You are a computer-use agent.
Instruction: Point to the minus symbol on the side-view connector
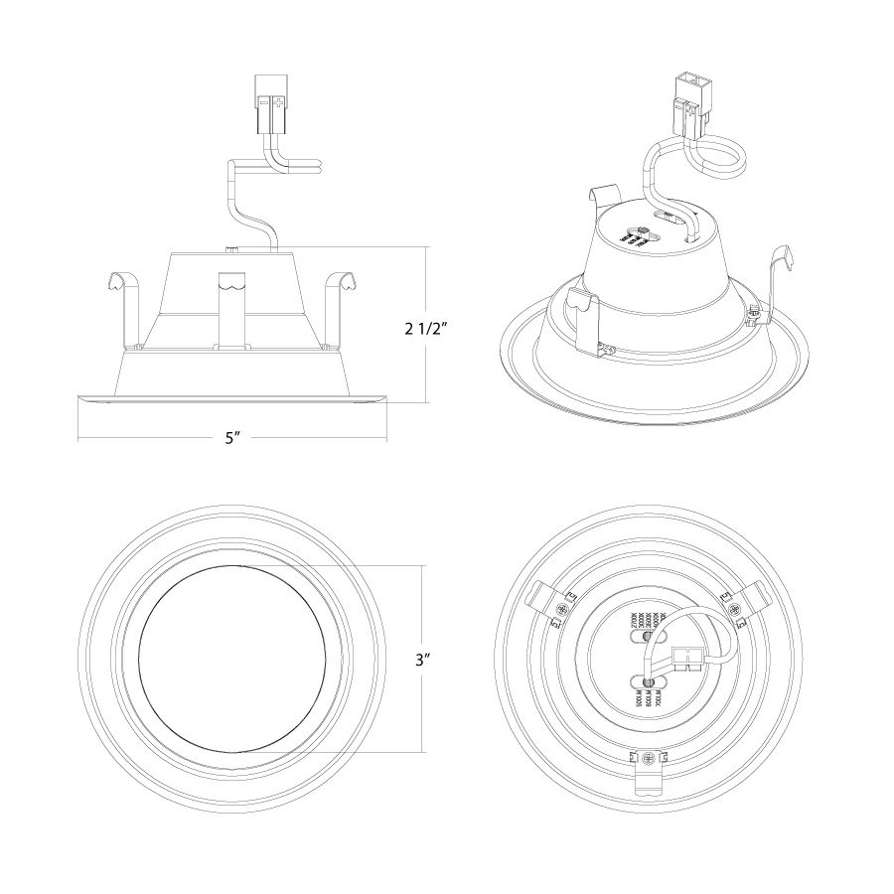click(x=263, y=102)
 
